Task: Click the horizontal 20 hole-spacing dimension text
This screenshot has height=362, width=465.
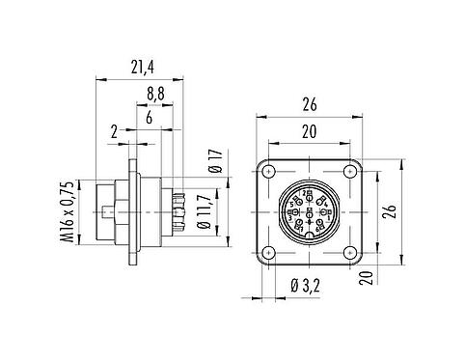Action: [308, 131]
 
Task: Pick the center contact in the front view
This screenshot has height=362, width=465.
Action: [309, 210]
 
